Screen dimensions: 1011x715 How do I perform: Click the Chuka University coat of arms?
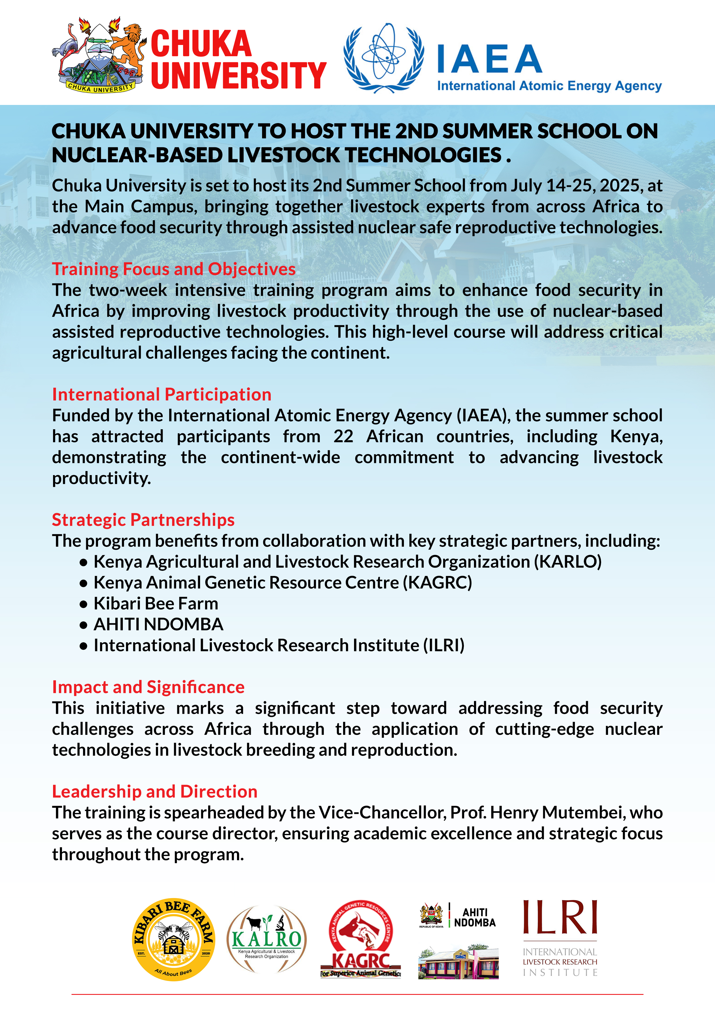coord(99,55)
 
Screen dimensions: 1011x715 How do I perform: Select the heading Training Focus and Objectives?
coord(174,269)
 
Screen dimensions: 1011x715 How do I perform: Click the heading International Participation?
coord(161,395)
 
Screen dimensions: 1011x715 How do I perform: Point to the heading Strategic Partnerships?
coord(143,520)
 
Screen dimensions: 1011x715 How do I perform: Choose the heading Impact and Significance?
coord(148,687)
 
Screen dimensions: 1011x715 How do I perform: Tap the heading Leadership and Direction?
coord(155,792)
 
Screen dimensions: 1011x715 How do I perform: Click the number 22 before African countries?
coord(343,436)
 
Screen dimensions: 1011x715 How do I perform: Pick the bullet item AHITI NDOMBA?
coord(159,624)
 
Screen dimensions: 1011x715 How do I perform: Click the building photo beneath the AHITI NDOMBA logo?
coord(458,963)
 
